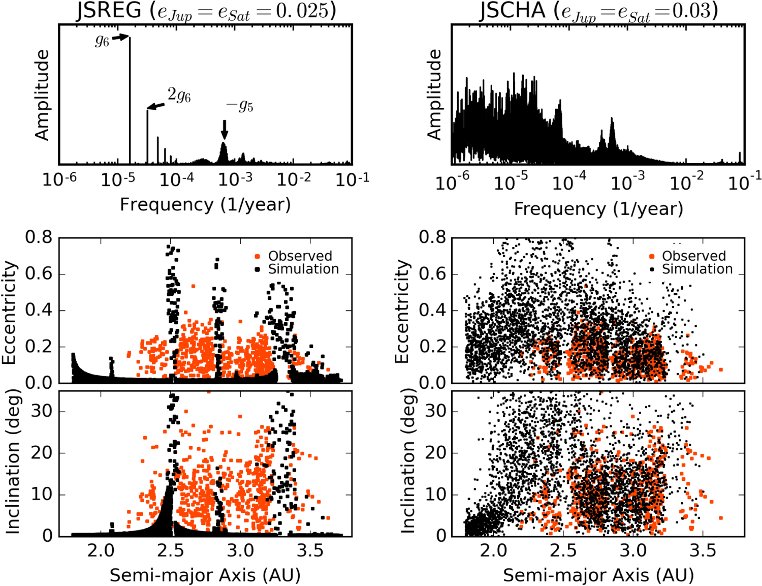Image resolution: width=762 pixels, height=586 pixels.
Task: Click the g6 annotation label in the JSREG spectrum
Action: point(102,41)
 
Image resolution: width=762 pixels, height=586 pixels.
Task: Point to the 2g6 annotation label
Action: point(179,95)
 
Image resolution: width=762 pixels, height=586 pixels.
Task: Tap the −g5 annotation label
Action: point(240,105)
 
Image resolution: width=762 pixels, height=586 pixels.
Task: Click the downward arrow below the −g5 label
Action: point(225,129)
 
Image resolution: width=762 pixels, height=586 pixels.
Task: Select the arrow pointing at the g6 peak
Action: point(120,37)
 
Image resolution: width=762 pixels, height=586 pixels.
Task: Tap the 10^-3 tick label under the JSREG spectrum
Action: point(235,179)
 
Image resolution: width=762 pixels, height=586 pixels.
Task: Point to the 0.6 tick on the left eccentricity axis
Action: point(39,274)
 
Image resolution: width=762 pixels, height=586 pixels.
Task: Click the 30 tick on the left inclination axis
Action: point(42,411)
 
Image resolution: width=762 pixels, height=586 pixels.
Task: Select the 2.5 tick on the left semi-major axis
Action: point(171,550)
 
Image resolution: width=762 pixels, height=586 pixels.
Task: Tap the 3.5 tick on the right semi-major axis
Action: point(704,550)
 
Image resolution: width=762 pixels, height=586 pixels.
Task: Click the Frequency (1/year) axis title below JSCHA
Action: point(598,209)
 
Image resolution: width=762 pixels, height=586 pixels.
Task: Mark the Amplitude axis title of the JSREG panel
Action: point(42,95)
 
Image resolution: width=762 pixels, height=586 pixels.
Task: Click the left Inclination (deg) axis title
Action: point(12,461)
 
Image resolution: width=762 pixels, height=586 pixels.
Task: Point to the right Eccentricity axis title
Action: point(402,311)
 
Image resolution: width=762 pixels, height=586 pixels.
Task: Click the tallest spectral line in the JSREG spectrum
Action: point(130,102)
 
